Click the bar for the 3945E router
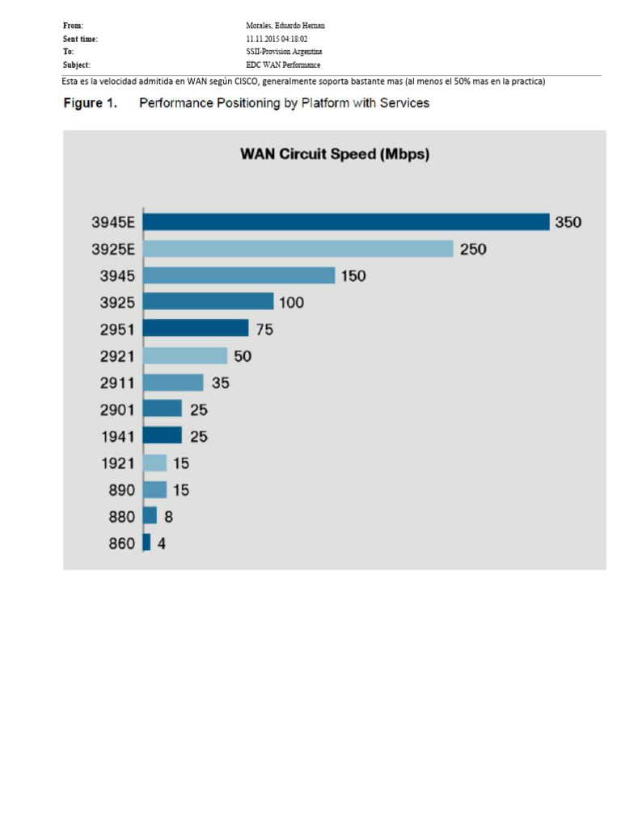[x=346, y=222]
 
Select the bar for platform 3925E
[x=298, y=249]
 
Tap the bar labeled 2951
[x=196, y=329]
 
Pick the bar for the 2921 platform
[x=185, y=355]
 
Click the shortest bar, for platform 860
[x=146, y=543]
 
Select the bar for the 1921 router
[x=154, y=463]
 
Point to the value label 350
[x=568, y=222]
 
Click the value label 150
[x=353, y=276]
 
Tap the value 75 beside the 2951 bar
[x=264, y=330]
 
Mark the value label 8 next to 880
[x=168, y=517]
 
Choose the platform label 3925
[x=117, y=303]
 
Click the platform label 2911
[x=117, y=383]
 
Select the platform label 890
[x=121, y=490]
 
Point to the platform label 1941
[x=117, y=437]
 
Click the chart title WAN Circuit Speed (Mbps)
[x=335, y=154]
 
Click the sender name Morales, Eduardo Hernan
[x=285, y=26]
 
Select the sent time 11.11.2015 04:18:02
[x=277, y=39]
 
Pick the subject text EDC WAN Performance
[x=283, y=65]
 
